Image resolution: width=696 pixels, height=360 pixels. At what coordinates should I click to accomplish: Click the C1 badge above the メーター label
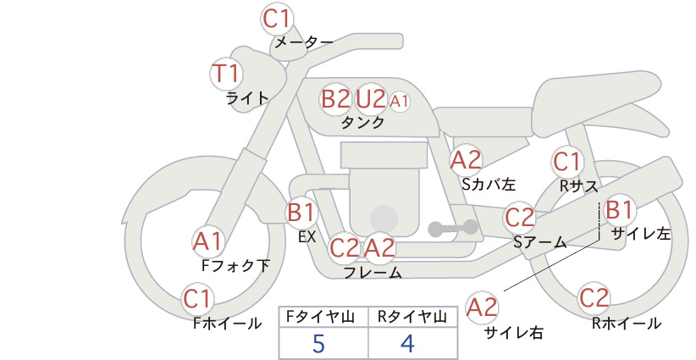(x=277, y=19)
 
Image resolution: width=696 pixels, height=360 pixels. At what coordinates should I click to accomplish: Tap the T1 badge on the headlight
(x=226, y=73)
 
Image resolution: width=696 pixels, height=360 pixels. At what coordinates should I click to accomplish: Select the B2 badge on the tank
(x=335, y=98)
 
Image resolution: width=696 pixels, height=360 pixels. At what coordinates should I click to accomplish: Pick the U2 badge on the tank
(x=371, y=98)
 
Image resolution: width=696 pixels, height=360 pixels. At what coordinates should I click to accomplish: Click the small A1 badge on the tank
(x=399, y=102)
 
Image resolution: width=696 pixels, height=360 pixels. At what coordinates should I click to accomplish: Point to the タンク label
(x=362, y=122)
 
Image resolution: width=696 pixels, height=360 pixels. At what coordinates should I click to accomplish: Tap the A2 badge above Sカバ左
(x=466, y=160)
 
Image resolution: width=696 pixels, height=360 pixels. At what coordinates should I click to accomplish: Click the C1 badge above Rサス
(x=566, y=162)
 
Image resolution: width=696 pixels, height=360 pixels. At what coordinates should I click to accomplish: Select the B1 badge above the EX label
(x=301, y=212)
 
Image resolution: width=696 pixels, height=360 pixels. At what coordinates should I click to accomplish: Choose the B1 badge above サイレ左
(x=619, y=209)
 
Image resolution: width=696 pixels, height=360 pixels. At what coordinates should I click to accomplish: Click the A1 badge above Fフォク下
(x=207, y=242)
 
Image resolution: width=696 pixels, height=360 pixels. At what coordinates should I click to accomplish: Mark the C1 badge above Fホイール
(x=197, y=299)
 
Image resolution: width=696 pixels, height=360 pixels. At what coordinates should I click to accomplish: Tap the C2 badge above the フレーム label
(x=345, y=247)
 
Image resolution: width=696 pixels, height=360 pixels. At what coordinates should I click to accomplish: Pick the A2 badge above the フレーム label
(x=379, y=247)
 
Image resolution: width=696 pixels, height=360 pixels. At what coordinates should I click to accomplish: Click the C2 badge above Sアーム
(x=519, y=218)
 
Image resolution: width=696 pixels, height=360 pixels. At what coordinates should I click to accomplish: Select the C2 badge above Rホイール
(x=594, y=298)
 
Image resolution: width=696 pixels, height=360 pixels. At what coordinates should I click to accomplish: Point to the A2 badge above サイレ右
(x=482, y=307)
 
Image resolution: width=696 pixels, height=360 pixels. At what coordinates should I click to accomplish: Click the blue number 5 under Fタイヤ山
(x=318, y=343)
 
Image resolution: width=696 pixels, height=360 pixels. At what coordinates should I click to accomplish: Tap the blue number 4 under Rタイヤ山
(x=407, y=343)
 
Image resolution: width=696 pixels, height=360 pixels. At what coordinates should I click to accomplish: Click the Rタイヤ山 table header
(x=412, y=317)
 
